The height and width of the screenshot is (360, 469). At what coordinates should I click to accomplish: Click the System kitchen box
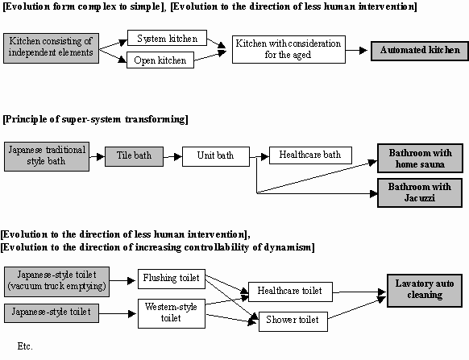(167, 38)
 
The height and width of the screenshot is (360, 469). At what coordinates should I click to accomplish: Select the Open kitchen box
(160, 60)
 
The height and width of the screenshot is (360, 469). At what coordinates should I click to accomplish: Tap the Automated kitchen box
(420, 51)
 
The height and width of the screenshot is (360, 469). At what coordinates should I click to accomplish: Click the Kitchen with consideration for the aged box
(288, 49)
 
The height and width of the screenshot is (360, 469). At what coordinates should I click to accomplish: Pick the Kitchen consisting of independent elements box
(51, 48)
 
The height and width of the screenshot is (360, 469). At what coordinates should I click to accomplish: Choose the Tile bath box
(134, 156)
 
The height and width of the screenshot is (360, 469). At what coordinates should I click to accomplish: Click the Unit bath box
(216, 156)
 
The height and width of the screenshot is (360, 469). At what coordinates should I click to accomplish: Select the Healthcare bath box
(310, 155)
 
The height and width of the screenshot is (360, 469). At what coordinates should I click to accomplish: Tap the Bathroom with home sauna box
(420, 158)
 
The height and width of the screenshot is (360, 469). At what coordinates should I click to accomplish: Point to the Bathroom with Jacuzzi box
(420, 192)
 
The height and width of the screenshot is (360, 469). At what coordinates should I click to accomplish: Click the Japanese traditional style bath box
(47, 156)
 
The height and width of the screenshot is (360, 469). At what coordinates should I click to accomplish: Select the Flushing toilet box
(172, 279)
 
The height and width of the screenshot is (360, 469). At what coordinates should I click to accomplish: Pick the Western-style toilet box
(172, 313)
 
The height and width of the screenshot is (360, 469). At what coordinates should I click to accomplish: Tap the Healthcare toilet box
(290, 292)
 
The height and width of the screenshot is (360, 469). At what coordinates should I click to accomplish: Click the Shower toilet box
(293, 321)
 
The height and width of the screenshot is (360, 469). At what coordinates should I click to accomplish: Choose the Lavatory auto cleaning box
(425, 290)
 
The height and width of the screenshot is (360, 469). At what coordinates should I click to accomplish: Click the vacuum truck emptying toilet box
(56, 282)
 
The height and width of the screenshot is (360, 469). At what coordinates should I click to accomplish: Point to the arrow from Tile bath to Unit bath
(173, 156)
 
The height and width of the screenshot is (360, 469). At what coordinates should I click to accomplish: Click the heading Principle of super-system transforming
(95, 119)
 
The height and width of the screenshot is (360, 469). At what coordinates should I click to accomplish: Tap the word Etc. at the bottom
(25, 346)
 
